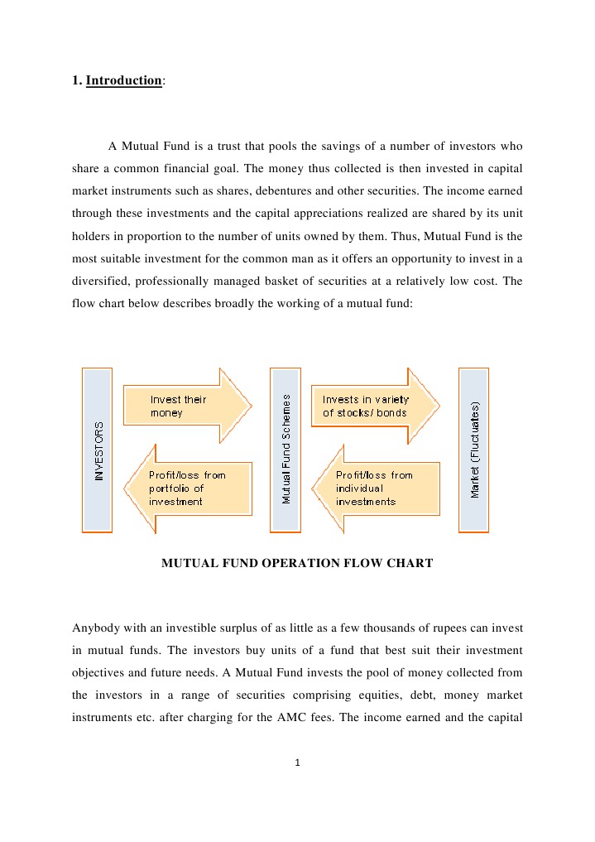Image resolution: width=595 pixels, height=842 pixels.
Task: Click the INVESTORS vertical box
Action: pos(98,450)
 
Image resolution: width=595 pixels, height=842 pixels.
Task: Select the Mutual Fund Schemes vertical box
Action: pos(286,450)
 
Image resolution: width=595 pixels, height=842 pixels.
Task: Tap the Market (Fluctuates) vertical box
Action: pos(474,450)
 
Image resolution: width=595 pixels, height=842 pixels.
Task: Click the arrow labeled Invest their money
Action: pos(186,406)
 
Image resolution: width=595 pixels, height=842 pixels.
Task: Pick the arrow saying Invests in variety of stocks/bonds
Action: pos(374,406)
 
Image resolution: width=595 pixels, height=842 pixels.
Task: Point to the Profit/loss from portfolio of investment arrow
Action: pos(188,488)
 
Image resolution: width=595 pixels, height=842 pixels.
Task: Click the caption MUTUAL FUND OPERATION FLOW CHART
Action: pos(296,564)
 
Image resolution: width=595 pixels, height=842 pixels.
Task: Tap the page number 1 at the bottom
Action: pos(297,763)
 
